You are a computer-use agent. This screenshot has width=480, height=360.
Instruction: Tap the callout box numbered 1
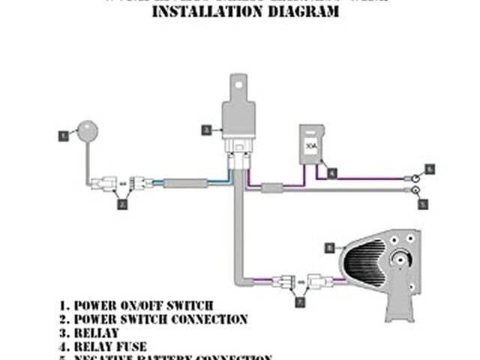coord(64,136)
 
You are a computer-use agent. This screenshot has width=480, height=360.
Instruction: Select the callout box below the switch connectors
coord(123,203)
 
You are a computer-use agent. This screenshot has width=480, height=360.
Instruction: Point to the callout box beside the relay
coord(205,130)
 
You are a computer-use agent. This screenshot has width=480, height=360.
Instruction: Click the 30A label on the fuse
coord(309,147)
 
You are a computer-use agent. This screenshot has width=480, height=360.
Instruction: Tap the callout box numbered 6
coord(430,169)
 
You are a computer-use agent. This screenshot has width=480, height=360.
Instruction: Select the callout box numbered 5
coord(423,203)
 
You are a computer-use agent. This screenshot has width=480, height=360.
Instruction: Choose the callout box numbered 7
coord(301,302)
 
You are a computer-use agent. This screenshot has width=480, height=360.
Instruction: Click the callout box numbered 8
coord(329,247)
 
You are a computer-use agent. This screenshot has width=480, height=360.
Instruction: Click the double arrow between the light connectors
coord(301,283)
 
